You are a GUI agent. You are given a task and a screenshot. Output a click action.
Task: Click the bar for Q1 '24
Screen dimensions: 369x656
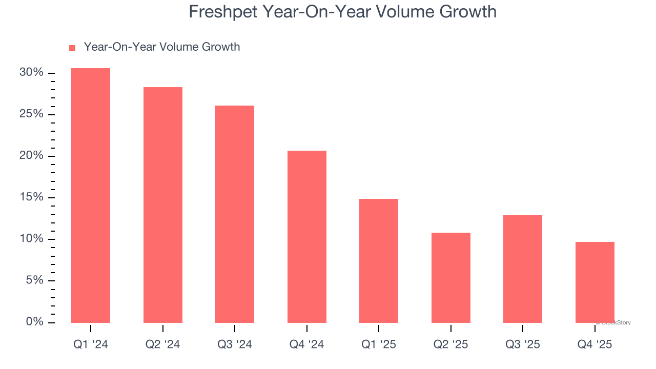click(91, 195)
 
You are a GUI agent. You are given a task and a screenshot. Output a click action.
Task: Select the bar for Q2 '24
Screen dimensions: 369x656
click(162, 205)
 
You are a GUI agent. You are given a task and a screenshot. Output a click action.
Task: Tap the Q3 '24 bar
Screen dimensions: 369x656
click(235, 214)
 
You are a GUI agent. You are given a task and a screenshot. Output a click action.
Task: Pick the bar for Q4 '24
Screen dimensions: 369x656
click(306, 237)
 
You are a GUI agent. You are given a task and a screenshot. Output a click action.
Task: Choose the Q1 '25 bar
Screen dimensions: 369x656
click(379, 261)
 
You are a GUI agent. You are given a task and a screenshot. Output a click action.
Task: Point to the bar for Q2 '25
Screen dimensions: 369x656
click(450, 278)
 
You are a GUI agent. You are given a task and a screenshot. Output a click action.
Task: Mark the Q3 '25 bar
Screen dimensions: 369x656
click(523, 269)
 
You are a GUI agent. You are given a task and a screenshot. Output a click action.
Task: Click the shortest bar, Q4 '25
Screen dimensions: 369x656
click(594, 282)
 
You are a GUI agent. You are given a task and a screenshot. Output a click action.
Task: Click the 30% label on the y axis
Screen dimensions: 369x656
click(31, 73)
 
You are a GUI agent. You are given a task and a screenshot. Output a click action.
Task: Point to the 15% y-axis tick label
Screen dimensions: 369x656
click(31, 198)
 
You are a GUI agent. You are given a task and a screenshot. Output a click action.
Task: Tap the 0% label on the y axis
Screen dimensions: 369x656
click(34, 322)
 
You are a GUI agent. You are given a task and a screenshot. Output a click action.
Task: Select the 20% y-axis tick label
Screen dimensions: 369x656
click(31, 156)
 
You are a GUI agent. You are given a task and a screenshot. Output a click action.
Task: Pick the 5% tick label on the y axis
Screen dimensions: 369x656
click(34, 281)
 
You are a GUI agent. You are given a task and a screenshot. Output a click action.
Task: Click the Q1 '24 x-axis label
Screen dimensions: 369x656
click(91, 345)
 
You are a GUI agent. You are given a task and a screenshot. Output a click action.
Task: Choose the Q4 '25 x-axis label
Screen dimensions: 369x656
click(594, 345)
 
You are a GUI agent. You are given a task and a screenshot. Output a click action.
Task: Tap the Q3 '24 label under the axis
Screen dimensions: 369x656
click(235, 345)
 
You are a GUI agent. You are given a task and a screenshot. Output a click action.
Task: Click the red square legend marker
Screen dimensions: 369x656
click(72, 48)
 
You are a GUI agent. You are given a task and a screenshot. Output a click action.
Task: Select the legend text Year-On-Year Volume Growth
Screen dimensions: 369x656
click(162, 47)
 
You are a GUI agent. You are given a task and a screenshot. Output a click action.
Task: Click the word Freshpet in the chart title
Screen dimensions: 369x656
click(223, 12)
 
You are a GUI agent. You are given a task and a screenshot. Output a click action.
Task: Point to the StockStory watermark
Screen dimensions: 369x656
click(614, 323)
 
